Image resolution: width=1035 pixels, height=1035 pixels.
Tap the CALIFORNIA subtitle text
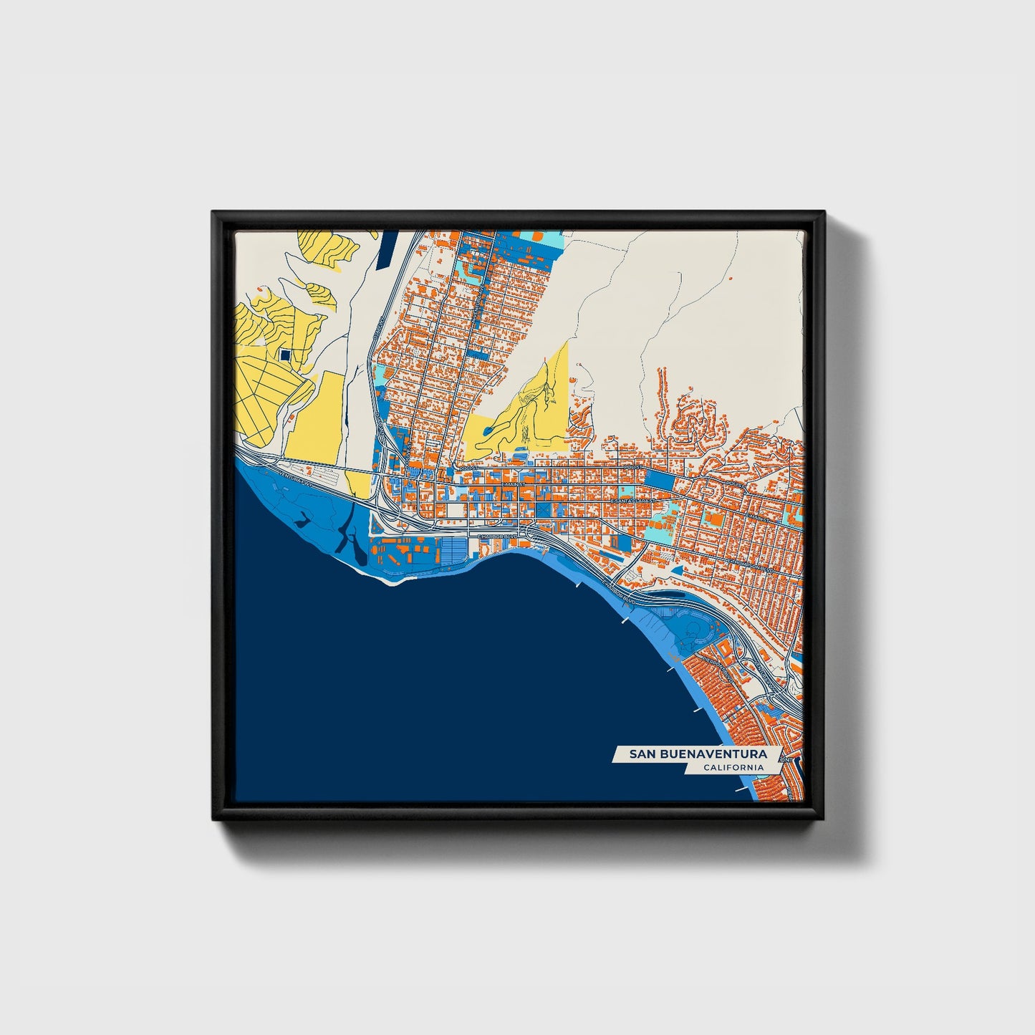click(x=733, y=768)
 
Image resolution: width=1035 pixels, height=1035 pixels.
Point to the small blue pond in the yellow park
click(x=487, y=430)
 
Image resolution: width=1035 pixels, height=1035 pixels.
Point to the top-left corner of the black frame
click(x=213, y=213)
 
